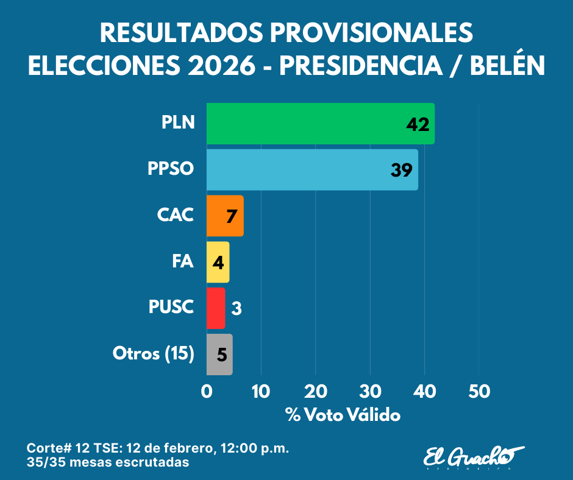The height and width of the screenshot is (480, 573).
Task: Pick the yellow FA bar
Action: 218,262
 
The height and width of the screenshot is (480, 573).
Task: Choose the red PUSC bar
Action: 216,308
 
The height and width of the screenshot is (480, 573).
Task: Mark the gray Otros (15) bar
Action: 219,354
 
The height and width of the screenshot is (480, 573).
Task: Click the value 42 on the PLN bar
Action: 418,124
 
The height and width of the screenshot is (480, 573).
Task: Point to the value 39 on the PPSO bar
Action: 402,171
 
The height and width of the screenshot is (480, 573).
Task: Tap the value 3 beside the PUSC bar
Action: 237,309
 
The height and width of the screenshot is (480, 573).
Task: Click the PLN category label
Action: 178,123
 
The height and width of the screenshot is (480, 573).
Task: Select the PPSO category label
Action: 171,169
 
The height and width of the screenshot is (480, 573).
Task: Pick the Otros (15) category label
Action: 154,354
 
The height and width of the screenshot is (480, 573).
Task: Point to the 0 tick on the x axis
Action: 207,392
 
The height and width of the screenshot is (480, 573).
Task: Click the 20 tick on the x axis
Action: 315,392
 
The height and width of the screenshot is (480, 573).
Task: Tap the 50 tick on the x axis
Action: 479,392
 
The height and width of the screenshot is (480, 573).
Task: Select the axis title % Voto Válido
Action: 343,415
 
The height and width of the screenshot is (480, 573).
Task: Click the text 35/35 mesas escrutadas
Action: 108,462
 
